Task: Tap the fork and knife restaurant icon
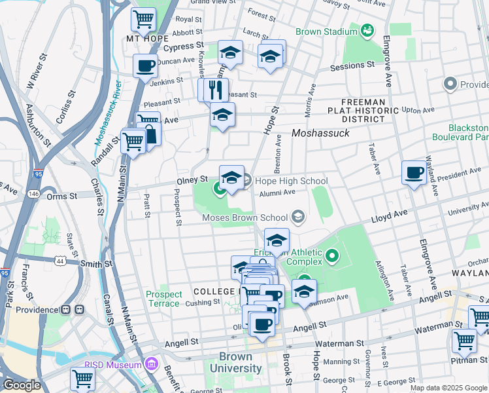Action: (216, 89)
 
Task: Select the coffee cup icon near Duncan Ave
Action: (145, 65)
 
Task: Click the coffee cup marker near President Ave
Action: (414, 172)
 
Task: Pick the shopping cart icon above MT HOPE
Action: (143, 18)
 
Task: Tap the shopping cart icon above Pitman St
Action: (464, 340)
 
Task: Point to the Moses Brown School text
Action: (245, 217)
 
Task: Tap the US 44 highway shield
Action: (61, 261)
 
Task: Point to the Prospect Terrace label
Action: (163, 299)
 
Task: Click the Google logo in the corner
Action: (21, 385)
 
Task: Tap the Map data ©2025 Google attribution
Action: (448, 388)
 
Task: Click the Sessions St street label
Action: (352, 65)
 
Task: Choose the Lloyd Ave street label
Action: (390, 214)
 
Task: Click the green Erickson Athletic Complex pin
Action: (332, 255)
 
